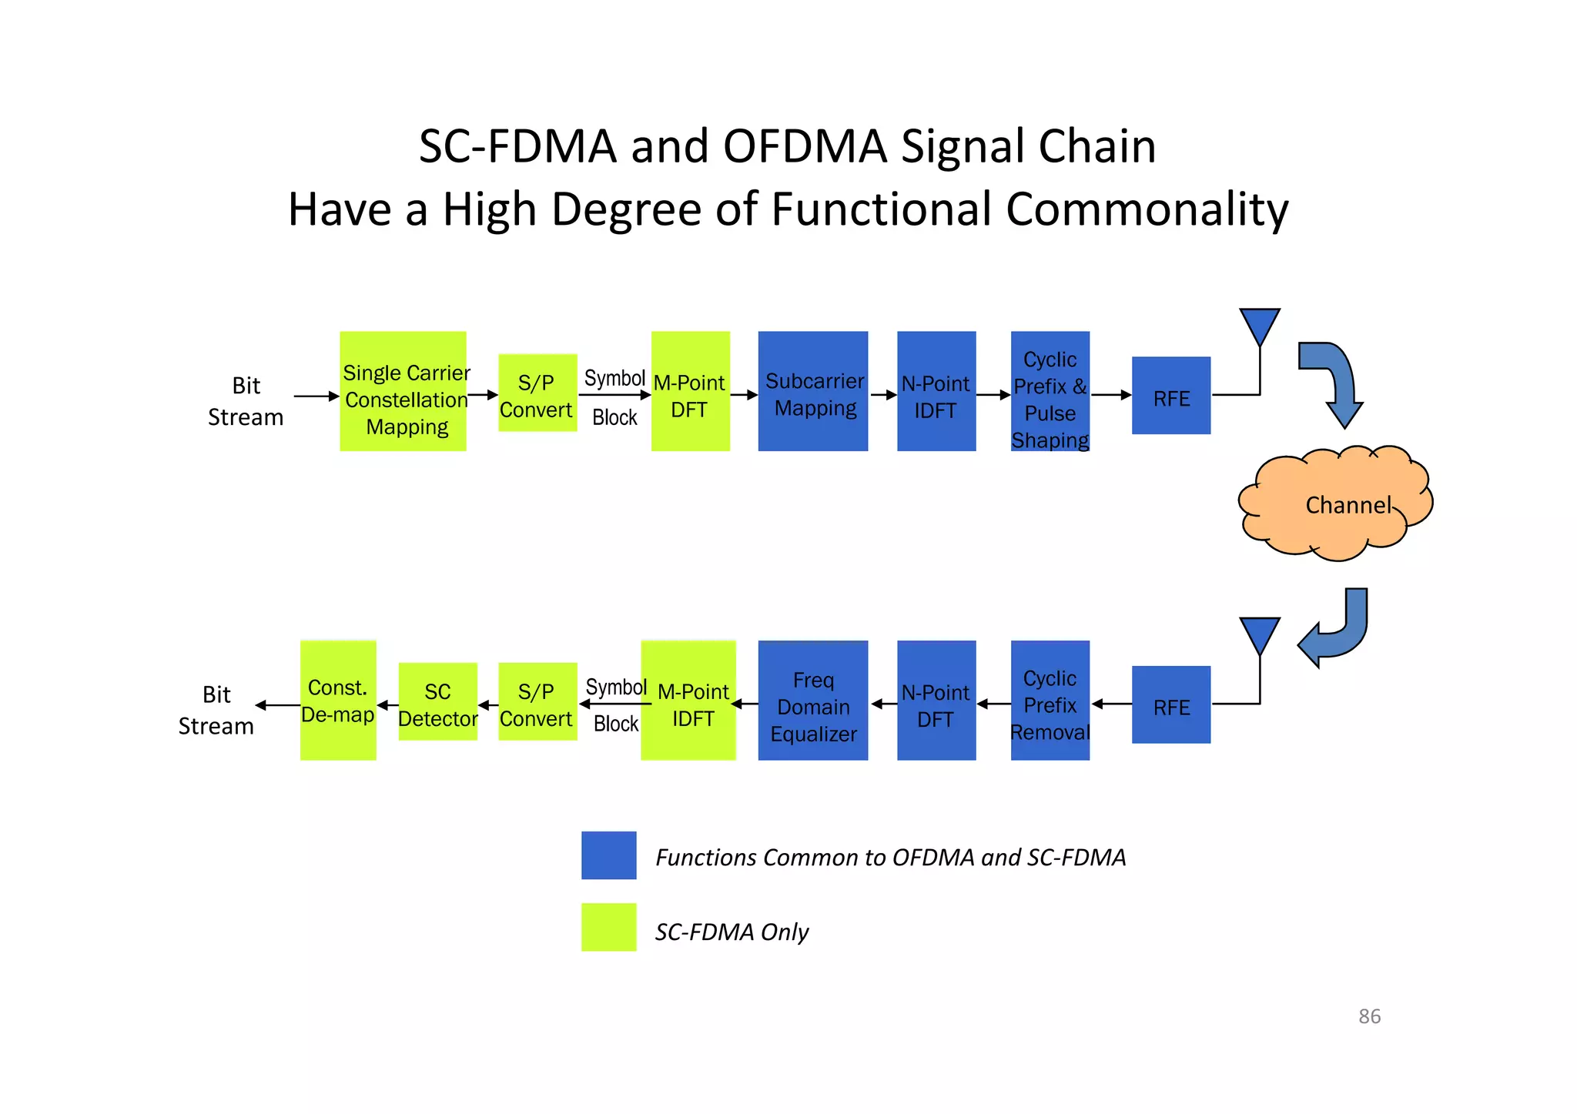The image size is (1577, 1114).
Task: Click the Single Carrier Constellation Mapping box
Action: tap(403, 391)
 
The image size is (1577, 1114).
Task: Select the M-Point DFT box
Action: tap(690, 391)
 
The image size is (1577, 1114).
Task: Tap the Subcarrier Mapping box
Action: tap(812, 391)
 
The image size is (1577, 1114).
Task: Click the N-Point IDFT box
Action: tap(936, 391)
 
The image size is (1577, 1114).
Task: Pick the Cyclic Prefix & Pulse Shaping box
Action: tap(1050, 391)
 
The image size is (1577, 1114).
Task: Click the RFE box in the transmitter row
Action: tap(1170, 396)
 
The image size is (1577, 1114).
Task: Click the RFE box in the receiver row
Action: tap(1170, 704)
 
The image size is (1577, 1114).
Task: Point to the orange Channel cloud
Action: tap(1336, 504)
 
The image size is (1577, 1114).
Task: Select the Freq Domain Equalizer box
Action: tap(812, 701)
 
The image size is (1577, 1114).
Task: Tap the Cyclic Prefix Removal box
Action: tap(1050, 701)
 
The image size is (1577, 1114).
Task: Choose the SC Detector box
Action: tap(437, 701)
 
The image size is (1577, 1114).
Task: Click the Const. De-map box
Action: tap(338, 701)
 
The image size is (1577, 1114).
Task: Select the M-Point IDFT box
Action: tap(688, 701)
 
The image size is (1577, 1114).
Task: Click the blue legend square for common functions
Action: tap(608, 855)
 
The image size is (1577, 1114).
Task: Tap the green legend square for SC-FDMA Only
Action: tap(608, 927)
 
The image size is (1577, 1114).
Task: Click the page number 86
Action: tap(1369, 1016)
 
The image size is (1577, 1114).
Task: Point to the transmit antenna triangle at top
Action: tap(1260, 325)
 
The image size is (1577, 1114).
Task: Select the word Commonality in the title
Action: tap(1147, 209)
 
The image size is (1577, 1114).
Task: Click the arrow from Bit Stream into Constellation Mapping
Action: tap(316, 396)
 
